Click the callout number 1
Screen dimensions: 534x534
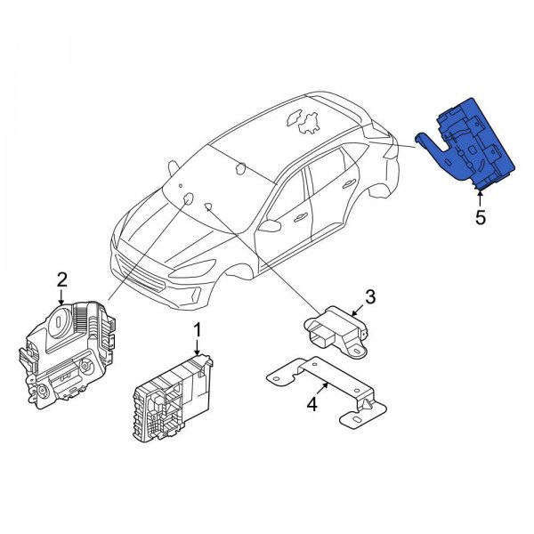[x=198, y=332]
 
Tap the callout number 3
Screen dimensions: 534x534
[x=370, y=296]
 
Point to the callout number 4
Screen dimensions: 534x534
[x=311, y=405]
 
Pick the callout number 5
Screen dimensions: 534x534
[x=481, y=217]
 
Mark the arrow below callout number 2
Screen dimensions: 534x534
[x=62, y=297]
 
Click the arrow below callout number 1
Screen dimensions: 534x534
[x=198, y=349]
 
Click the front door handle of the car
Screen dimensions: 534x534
[x=301, y=216]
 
